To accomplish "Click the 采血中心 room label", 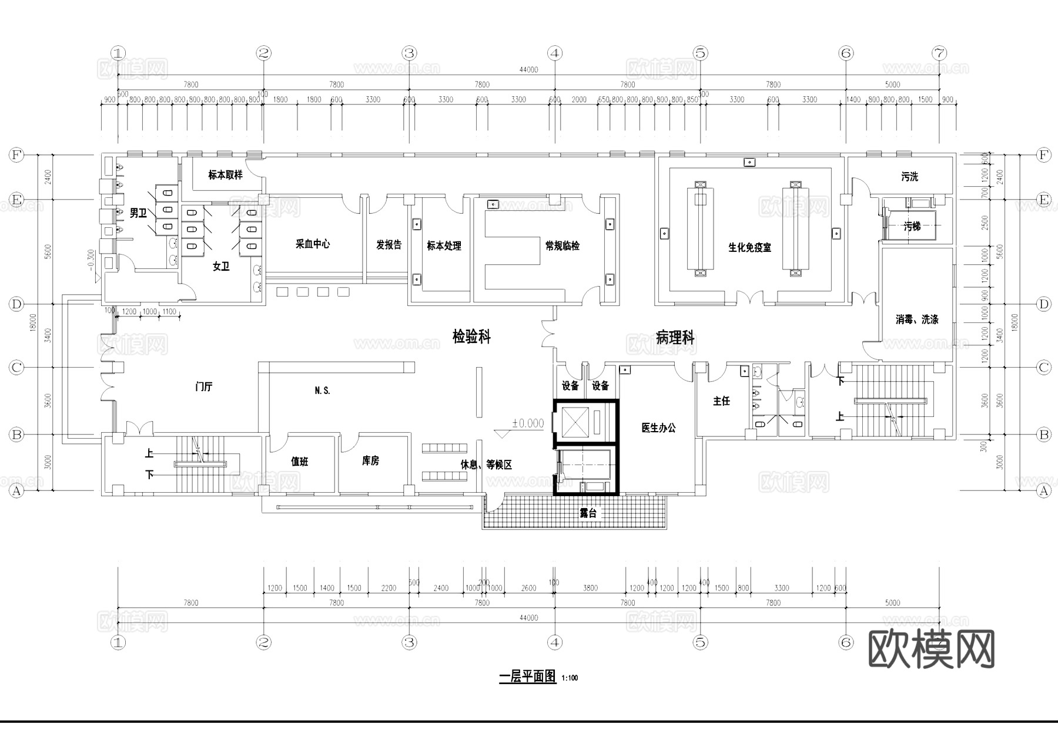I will click(x=312, y=244).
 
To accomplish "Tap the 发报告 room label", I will click(x=389, y=244).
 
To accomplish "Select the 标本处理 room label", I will click(x=444, y=245).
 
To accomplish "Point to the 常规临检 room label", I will click(x=563, y=245).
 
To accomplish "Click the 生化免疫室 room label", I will click(x=749, y=247).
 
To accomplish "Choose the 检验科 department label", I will click(x=471, y=336).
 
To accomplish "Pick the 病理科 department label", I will click(x=675, y=338).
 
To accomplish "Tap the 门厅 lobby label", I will click(x=203, y=386).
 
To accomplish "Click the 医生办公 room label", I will click(x=658, y=428).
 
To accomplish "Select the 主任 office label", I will click(x=721, y=401).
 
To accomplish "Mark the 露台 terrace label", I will click(x=588, y=513).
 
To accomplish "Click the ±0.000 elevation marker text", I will click(x=527, y=423).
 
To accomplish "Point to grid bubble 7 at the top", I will click(x=939, y=53).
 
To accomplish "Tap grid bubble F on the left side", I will click(x=16, y=155).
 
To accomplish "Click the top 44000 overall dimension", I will click(x=528, y=70).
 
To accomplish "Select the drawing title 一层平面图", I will click(x=527, y=676).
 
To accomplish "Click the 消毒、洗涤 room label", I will click(x=916, y=319).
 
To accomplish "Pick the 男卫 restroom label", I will click(x=138, y=213).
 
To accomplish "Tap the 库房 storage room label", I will click(x=370, y=460).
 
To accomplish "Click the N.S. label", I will click(x=322, y=391).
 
